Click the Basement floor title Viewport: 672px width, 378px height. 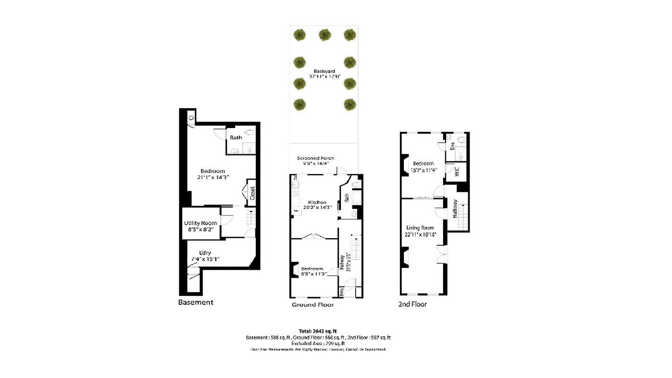pyautogui.click(x=196, y=302)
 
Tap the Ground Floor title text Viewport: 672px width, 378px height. pyautogui.click(x=313, y=305)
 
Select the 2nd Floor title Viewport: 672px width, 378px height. pyautogui.click(x=412, y=304)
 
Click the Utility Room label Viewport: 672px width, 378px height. pyautogui.click(x=201, y=223)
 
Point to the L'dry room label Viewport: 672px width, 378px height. pyautogui.click(x=205, y=252)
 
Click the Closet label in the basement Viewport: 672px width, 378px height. pyautogui.click(x=252, y=193)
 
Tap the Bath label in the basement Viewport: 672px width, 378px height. pyautogui.click(x=236, y=137)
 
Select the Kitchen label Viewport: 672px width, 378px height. pyautogui.click(x=317, y=202)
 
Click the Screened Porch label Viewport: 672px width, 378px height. pyautogui.click(x=315, y=158)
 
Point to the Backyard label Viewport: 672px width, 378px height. pyautogui.click(x=324, y=71)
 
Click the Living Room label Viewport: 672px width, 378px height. pyautogui.click(x=420, y=228)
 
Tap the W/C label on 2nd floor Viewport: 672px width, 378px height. pyautogui.click(x=457, y=172)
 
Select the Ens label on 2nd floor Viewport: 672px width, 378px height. pyautogui.click(x=452, y=146)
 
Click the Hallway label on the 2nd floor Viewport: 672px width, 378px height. pyautogui.click(x=455, y=208)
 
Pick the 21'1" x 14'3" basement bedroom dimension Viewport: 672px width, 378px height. pyautogui.click(x=212, y=178)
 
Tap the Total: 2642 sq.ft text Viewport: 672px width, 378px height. pyautogui.click(x=317, y=331)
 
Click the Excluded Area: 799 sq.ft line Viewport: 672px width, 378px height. pyautogui.click(x=318, y=344)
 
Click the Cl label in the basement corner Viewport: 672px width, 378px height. pyautogui.click(x=190, y=118)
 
